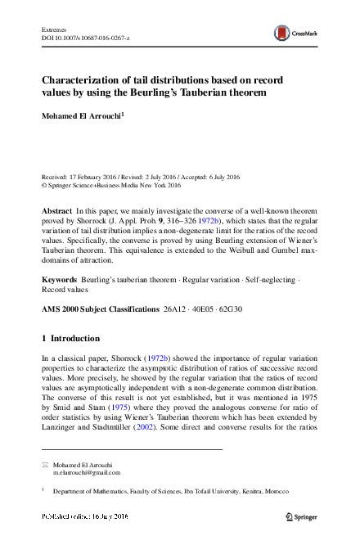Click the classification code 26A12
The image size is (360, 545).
tap(180, 311)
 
